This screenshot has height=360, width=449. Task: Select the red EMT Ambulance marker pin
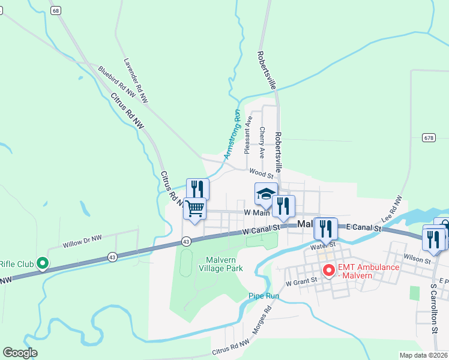pos(328,271)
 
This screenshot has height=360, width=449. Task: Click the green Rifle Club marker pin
pos(42,263)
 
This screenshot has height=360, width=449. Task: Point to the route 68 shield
pos(56,11)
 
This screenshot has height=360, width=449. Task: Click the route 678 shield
pos(427,137)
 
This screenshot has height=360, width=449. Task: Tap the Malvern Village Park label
pos(216,264)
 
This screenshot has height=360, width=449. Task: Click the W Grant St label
pos(301,282)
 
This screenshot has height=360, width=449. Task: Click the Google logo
pos(20,353)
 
